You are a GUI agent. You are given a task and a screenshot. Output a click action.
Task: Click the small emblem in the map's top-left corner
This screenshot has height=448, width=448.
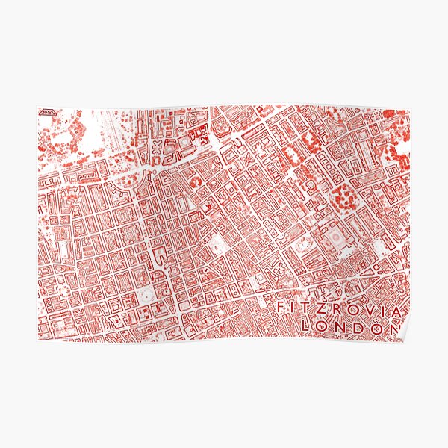pyautogui.click(x=46, y=112)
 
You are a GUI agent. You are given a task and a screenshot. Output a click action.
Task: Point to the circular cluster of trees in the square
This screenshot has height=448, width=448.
pyautogui.click(x=344, y=196)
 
